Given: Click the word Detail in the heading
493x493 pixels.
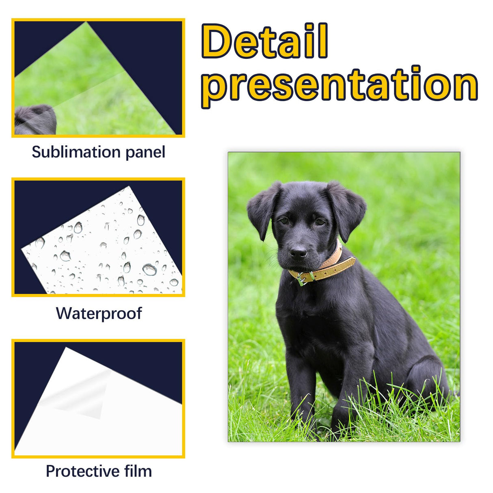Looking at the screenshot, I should [x=264, y=41].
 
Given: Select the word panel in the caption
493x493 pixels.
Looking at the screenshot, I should [x=145, y=152].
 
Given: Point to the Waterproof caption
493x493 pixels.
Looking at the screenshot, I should [x=99, y=314].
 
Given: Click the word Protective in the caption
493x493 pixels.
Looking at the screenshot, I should [x=82, y=471].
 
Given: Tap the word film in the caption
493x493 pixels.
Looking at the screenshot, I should [x=138, y=471].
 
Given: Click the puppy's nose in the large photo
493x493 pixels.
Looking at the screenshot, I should [x=298, y=252].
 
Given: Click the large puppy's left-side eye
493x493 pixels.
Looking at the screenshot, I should [x=284, y=221].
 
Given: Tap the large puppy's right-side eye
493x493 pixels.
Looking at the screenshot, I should [x=320, y=222].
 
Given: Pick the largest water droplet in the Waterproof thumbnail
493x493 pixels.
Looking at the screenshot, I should [x=149, y=269].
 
